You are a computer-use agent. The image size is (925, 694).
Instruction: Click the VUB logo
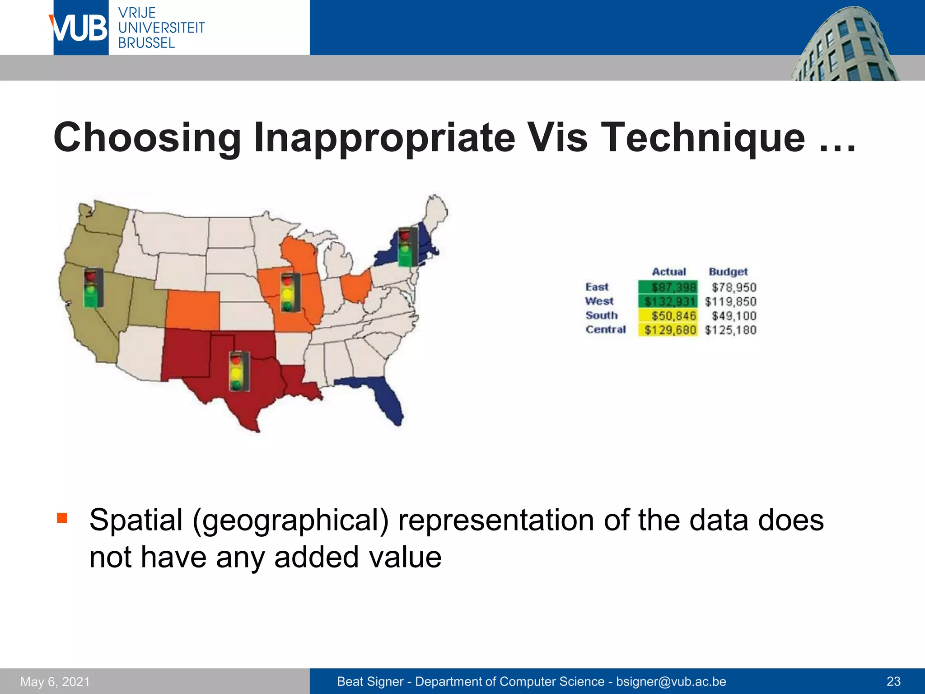[80, 28]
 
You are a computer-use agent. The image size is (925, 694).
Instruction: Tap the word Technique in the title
[705, 137]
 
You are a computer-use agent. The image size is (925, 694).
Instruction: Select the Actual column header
[668, 272]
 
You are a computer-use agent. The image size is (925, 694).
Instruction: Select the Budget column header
[728, 272]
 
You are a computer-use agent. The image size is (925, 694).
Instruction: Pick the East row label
[597, 287]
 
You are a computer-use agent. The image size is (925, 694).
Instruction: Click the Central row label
[606, 329]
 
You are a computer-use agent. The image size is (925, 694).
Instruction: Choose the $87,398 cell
[668, 287]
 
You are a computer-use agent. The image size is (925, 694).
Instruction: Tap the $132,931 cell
[668, 301]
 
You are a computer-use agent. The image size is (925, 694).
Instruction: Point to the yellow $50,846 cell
[668, 316]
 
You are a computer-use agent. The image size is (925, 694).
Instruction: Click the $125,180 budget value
[730, 330]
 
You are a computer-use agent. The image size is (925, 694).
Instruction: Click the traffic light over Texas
[239, 371]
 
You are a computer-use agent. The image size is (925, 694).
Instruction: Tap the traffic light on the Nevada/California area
[93, 288]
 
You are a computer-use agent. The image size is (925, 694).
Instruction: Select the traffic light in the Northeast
[407, 247]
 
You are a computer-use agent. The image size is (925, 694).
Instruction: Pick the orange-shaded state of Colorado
[193, 310]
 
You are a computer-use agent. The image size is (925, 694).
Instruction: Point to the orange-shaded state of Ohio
[356, 286]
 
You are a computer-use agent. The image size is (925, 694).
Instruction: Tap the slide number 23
[893, 681]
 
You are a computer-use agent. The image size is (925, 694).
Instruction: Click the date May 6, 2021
[55, 681]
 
